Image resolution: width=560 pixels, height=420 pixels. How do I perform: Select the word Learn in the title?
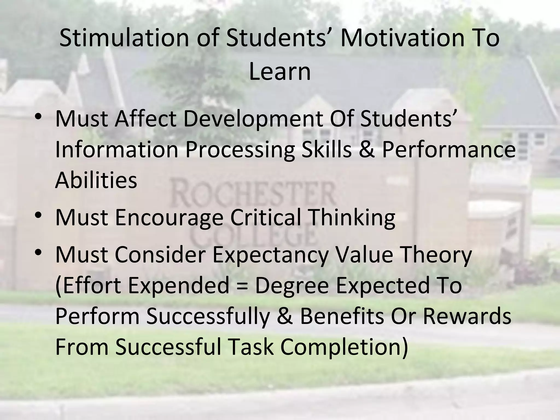coord(280,72)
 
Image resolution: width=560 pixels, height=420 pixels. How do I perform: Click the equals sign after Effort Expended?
coord(242,286)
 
